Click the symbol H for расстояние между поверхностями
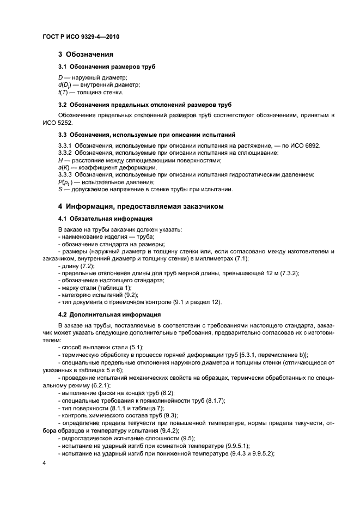60,160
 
